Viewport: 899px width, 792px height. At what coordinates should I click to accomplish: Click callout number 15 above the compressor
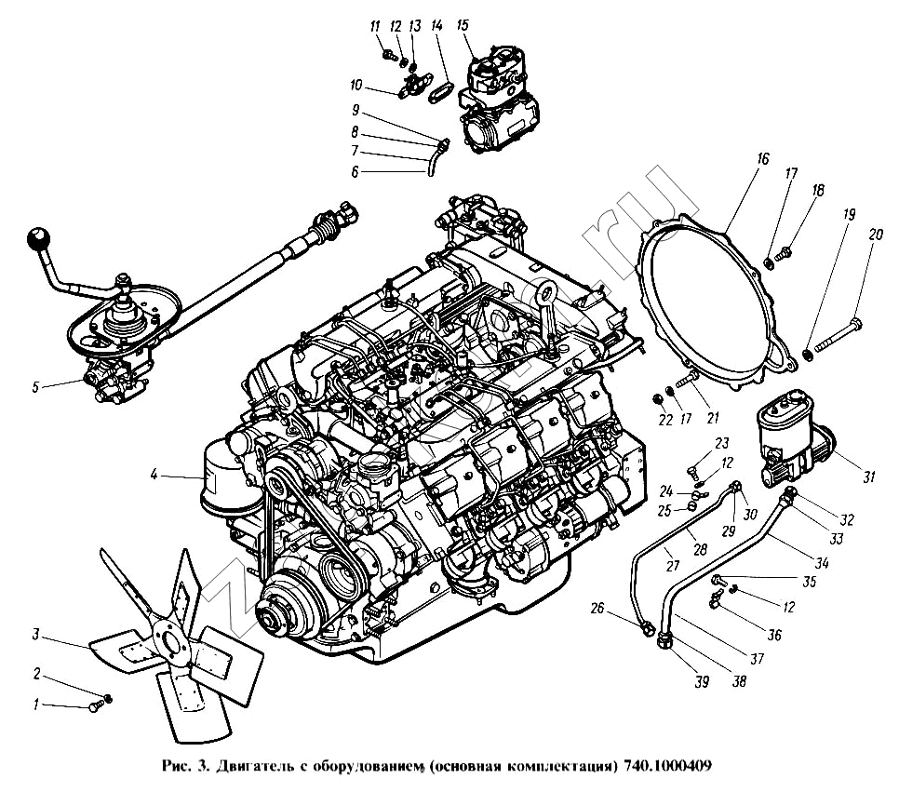click(462, 25)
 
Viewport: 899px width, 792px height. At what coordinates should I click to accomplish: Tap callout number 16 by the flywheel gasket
click(762, 159)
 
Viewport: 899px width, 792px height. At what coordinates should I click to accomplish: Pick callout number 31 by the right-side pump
click(868, 477)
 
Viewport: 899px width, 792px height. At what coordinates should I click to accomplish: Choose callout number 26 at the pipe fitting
click(597, 610)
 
